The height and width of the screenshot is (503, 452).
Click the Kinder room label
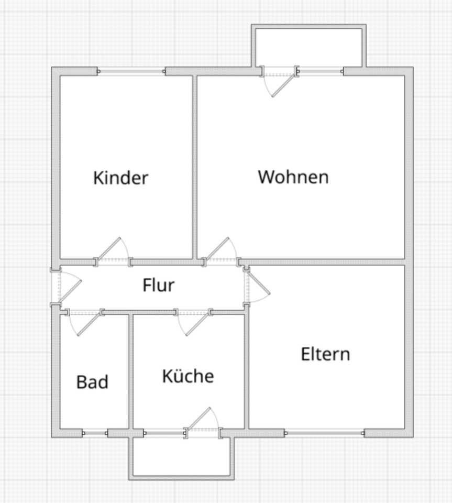pos(121,178)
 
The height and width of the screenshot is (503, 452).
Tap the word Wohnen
pos(293,177)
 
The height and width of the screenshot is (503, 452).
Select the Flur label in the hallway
pos(158,286)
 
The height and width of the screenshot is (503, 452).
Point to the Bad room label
pos(92,382)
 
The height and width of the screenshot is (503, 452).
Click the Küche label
pos(188,376)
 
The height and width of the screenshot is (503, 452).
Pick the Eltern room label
pos(325,354)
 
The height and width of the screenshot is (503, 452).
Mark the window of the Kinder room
pos(131,71)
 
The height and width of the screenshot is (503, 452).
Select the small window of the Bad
pos(95,433)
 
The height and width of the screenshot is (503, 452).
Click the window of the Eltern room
pos(325,433)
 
